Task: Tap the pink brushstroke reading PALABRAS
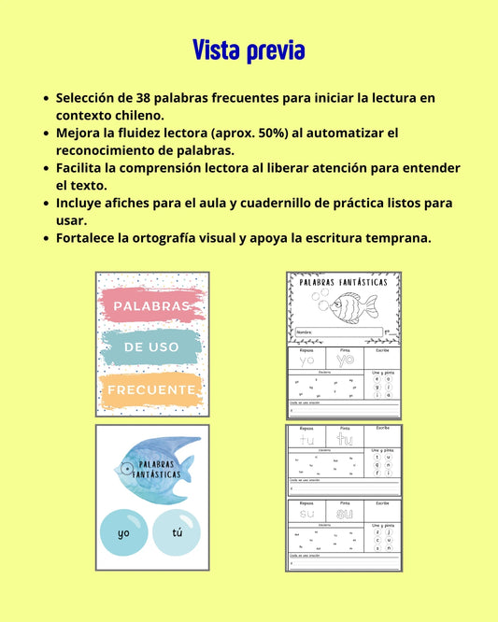click(x=151, y=305)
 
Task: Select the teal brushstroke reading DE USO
click(x=150, y=347)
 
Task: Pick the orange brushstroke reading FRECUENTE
click(x=151, y=389)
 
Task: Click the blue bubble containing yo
click(x=123, y=533)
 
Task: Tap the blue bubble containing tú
click(x=177, y=533)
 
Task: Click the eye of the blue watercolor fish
click(x=127, y=467)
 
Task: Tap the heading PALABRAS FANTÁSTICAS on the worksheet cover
click(x=344, y=281)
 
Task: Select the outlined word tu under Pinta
click(x=344, y=439)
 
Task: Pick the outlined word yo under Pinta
click(x=345, y=360)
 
